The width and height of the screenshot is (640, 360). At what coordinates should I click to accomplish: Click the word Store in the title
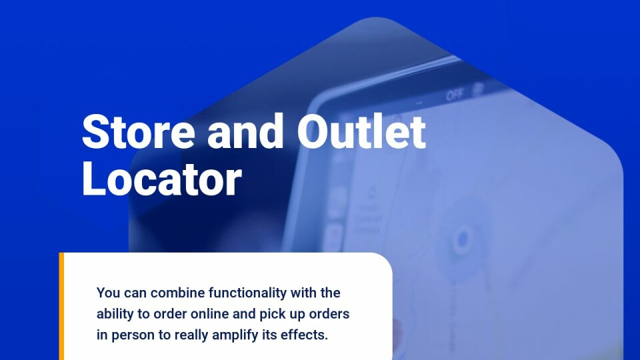[x=139, y=132]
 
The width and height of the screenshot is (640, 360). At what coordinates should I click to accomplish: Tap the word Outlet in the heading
[x=361, y=131]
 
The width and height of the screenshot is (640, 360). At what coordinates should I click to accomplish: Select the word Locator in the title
[x=162, y=179]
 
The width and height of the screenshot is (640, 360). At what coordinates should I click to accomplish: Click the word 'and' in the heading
[x=245, y=131]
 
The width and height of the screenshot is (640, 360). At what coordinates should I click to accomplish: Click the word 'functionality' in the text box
[x=248, y=293]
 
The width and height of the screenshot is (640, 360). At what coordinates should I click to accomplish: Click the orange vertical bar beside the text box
[x=61, y=306]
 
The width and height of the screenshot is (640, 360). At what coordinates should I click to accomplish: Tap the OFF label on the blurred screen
[x=454, y=95]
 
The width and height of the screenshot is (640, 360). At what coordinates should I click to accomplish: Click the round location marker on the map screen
[x=463, y=239]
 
